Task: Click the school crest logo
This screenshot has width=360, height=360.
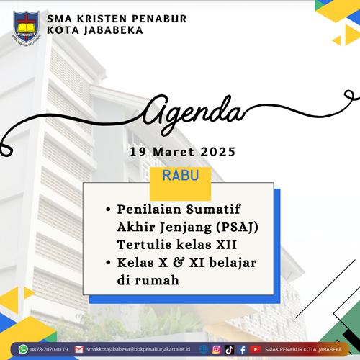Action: click(26, 28)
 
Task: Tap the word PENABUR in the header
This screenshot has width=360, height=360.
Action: click(159, 19)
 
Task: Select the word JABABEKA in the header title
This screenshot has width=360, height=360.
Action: click(113, 31)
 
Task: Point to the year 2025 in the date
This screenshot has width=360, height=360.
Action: click(218, 152)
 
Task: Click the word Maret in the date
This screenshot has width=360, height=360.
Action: click(174, 152)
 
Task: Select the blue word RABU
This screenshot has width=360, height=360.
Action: click(181, 176)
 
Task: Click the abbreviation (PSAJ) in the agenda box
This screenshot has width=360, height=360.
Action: click(237, 227)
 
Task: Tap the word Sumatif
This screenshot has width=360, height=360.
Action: click(213, 209)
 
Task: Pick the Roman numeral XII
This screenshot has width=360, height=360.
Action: click(226, 245)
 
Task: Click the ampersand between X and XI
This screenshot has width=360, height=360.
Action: click(179, 262)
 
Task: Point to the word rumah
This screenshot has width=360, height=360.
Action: click(157, 280)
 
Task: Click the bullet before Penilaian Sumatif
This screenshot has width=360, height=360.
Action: click(108, 210)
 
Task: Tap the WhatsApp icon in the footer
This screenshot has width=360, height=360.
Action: click(23, 349)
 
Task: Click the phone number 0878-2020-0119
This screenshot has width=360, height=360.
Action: click(49, 349)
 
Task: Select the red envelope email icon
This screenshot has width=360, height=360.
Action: click(79, 349)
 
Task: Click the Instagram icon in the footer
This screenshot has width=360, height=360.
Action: click(217, 349)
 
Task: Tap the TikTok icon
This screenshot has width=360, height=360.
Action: click(229, 350)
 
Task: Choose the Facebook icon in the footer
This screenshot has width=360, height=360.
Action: click(242, 350)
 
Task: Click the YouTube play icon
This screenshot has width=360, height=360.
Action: click(256, 349)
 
